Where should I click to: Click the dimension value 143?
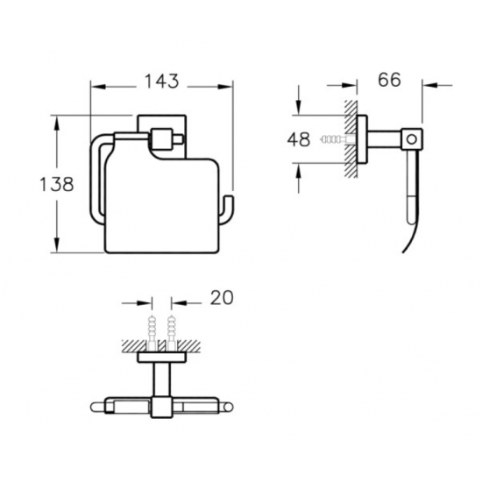[162, 82]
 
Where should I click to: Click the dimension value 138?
[57, 184]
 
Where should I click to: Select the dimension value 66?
[389, 80]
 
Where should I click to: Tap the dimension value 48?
[299, 139]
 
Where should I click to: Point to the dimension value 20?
[222, 297]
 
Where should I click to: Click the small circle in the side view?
[411, 139]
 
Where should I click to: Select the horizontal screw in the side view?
[337, 139]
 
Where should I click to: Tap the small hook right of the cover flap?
[227, 209]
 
